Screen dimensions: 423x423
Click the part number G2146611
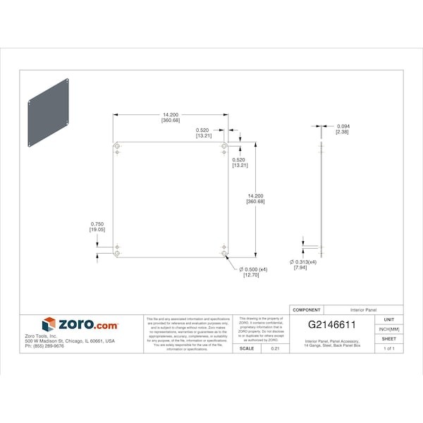(331, 325)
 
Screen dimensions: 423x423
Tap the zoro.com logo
(80, 325)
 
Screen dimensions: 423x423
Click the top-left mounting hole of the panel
(117, 147)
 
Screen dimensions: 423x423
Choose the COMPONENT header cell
(307, 309)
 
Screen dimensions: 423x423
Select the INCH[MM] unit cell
(389, 329)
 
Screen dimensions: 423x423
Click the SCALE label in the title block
(247, 348)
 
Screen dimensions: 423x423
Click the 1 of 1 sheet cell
(389, 348)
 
